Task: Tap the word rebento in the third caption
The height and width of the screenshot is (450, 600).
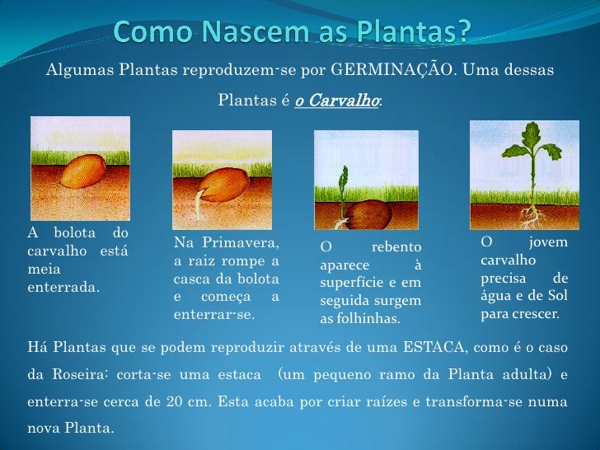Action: tap(396, 247)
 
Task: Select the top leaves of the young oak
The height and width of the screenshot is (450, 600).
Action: tap(526, 136)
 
